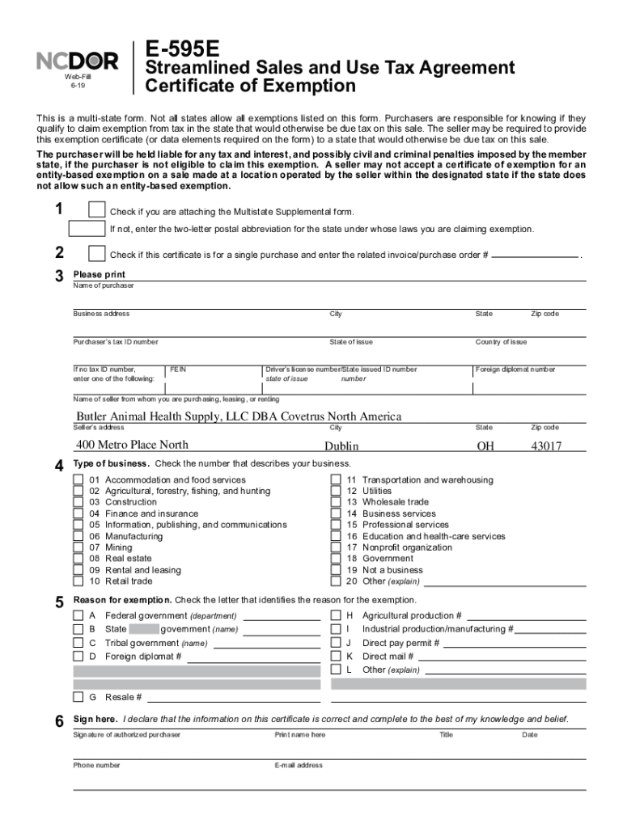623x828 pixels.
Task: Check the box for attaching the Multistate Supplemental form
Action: point(96,210)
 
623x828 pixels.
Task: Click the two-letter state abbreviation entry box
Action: point(87,229)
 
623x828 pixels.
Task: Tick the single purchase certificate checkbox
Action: point(96,254)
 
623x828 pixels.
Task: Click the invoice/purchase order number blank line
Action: point(536,256)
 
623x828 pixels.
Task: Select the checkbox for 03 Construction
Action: point(78,502)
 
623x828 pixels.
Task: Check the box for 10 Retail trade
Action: point(78,581)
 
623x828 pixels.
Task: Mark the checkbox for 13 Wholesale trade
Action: point(336,502)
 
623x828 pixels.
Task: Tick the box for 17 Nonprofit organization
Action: point(336,547)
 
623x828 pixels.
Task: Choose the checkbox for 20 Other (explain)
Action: point(336,581)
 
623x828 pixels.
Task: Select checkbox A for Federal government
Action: point(78,615)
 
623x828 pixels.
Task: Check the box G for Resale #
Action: point(78,696)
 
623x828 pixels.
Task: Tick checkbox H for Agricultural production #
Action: point(336,615)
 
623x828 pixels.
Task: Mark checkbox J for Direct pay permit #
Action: point(336,643)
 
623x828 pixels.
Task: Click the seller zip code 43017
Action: point(546,446)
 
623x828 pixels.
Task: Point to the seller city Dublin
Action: point(341,446)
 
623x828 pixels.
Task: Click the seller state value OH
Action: point(485,446)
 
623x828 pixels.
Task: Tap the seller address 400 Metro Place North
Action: point(132,444)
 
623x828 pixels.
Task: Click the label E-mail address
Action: point(299,765)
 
